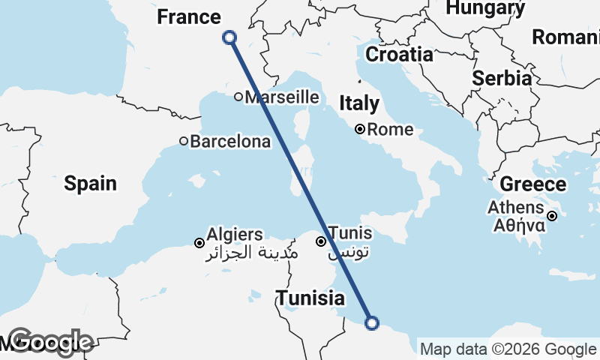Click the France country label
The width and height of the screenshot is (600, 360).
pos(188,17)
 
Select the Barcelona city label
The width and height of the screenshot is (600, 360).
pos(230,141)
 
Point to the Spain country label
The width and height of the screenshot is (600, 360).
pos(90,183)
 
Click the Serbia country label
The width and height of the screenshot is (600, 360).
pos(502,78)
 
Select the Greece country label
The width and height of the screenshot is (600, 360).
pos(532,184)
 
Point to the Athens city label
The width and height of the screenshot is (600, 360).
pos(516,208)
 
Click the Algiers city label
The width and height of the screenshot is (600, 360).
pos(235,235)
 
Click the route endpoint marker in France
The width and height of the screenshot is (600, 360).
pos(229,37)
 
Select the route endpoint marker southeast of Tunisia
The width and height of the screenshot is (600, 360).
pos(371,323)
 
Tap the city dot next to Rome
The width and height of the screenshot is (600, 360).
pos(360,129)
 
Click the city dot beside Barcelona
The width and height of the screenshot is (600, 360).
pos(184,141)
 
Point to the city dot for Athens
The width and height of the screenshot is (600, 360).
pos(552,216)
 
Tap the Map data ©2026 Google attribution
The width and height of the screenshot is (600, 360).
pos(508,349)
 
